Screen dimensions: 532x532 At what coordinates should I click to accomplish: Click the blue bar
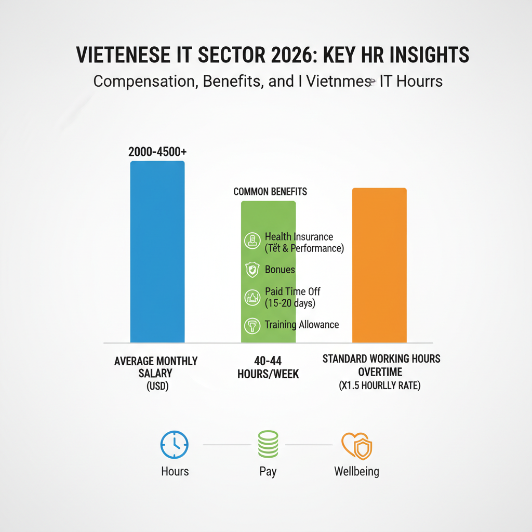point(157,252)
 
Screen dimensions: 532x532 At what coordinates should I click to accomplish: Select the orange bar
point(379,265)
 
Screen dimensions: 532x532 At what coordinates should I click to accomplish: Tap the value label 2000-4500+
point(157,153)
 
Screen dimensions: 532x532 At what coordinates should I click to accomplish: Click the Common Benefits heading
point(270,192)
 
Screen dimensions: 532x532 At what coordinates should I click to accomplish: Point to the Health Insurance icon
point(251,240)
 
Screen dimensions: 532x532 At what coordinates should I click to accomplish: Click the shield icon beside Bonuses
point(251,270)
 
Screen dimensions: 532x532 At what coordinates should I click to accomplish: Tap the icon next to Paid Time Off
point(251,298)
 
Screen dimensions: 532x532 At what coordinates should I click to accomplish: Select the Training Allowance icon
point(251,325)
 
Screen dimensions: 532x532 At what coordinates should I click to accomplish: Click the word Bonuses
point(280,270)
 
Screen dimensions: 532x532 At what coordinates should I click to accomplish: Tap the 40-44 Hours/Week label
point(268,367)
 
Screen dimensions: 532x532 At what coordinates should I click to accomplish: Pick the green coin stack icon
point(268,445)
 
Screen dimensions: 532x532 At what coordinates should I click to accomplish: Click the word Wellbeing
point(356,472)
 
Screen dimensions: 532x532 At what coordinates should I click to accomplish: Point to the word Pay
point(268,472)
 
